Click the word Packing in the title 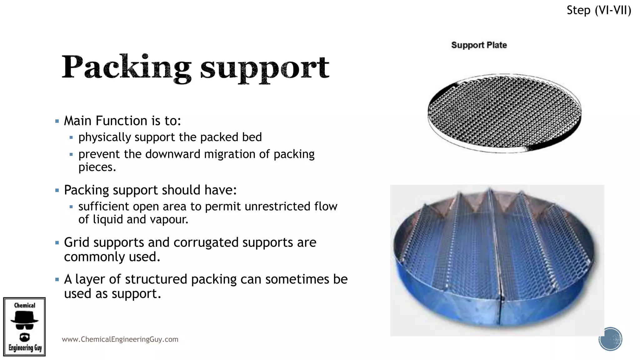pos(126,67)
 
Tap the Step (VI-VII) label pos(599,10)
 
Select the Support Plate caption pos(479,45)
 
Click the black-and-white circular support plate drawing pos(504,113)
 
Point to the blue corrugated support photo pos(497,260)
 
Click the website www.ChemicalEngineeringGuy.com pos(120,339)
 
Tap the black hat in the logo pos(24,318)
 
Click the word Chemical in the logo pos(25,305)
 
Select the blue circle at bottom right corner pos(610,339)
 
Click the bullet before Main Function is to pos(57,121)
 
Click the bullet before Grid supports pos(57,243)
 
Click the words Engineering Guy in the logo pos(25,348)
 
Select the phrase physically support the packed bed pos(170,137)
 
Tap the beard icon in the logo pos(24,337)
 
